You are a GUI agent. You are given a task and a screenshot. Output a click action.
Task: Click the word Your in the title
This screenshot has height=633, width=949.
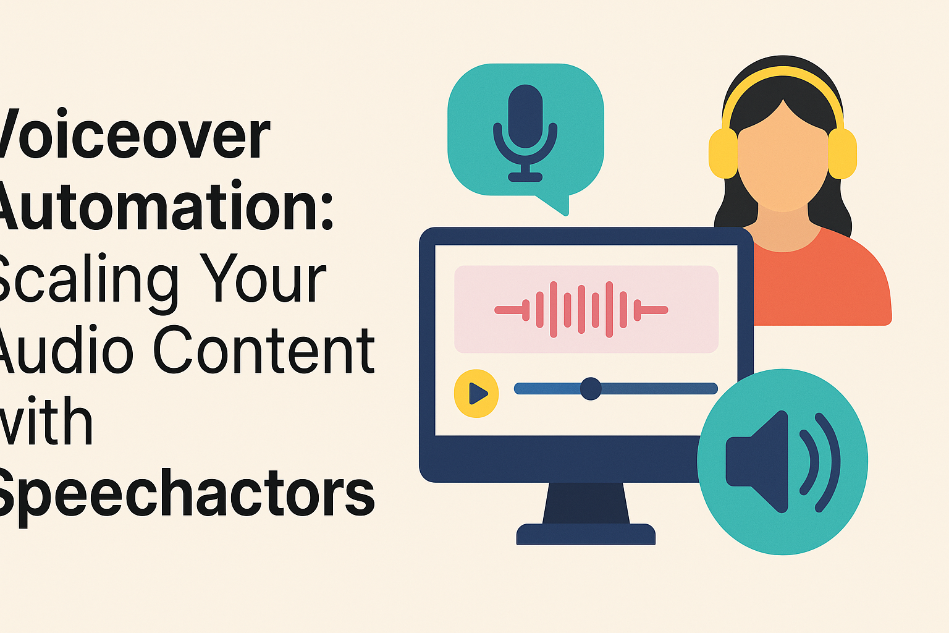point(263,279)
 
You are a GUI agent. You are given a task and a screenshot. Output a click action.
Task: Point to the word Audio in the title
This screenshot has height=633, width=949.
point(65,351)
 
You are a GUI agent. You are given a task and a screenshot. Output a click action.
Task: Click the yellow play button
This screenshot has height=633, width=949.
point(476,393)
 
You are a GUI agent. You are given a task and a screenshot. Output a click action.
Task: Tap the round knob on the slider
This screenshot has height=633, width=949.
point(591,389)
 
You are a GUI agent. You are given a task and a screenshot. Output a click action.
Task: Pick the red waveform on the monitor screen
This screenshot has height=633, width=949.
point(581,309)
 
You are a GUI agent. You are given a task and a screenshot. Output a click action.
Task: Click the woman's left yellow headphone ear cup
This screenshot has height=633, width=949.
point(723,153)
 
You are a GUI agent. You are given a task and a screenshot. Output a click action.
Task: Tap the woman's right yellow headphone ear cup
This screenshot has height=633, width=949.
point(842,153)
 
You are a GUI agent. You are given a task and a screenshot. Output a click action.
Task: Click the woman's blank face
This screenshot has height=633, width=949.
point(783,161)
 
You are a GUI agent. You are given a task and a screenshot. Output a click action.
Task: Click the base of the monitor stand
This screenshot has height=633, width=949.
point(586,534)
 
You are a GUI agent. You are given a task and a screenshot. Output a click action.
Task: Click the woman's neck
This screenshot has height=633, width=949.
point(783,229)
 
